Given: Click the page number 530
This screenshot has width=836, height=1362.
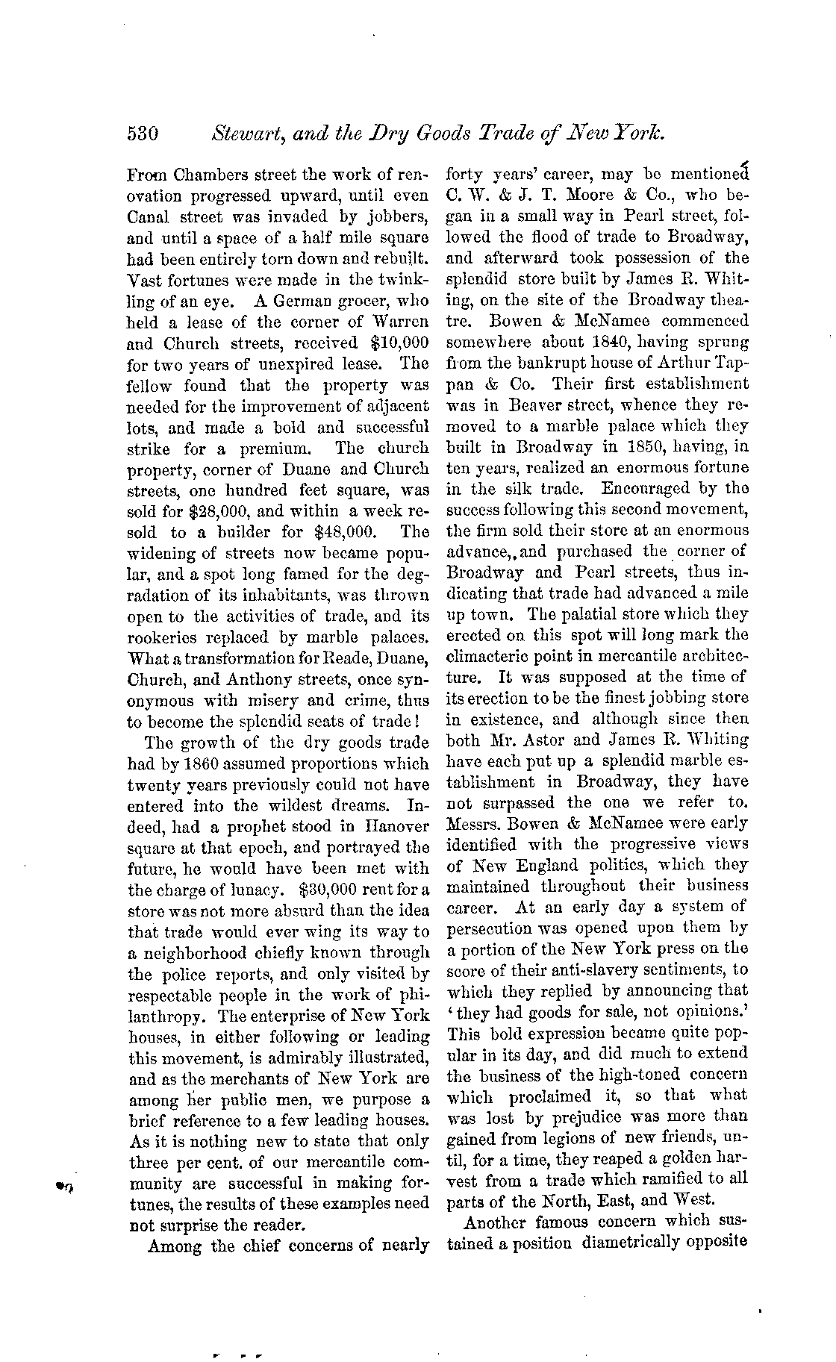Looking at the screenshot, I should coord(142,134).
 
